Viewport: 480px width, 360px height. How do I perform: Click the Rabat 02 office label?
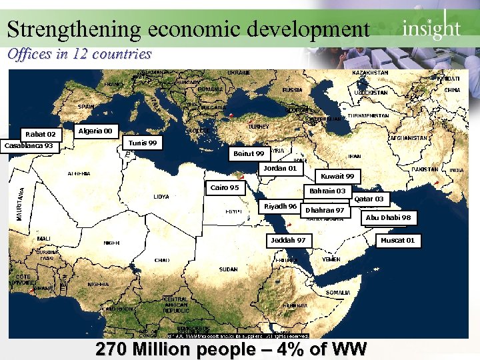(41, 134)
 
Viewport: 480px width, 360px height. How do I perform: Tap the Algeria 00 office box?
(95, 131)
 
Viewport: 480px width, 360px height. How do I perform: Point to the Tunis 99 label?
(143, 143)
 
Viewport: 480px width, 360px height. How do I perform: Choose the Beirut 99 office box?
(249, 154)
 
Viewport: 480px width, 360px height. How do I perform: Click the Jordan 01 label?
(280, 169)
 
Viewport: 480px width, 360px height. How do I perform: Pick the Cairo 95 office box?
(225, 188)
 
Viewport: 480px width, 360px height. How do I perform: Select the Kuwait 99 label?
(337, 176)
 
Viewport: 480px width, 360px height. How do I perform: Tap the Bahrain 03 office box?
(327, 191)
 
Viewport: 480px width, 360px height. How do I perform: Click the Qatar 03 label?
(369, 199)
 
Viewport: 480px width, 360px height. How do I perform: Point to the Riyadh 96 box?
(280, 207)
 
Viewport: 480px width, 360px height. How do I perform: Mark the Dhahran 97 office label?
(325, 210)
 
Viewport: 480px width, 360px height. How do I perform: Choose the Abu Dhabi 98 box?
(388, 217)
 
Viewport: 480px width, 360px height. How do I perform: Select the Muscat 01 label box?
(397, 240)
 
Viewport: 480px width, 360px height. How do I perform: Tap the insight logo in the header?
(431, 27)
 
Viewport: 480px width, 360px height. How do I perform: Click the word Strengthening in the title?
(73, 29)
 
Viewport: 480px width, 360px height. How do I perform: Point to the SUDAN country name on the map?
(228, 269)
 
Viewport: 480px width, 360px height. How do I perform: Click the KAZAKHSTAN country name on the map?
(370, 73)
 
